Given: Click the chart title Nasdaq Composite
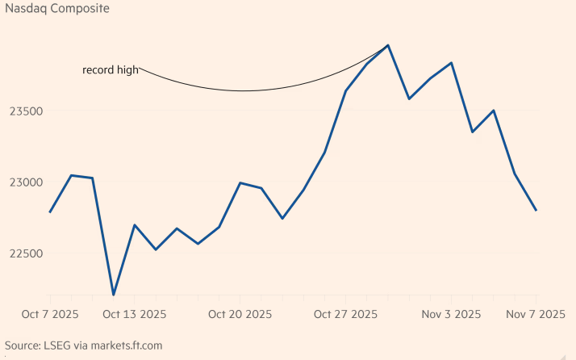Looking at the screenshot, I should pos(57,10).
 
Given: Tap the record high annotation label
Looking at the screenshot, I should pos(110,70).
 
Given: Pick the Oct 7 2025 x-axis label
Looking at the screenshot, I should pos(49,314).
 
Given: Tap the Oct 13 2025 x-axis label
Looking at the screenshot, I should pos(135,314).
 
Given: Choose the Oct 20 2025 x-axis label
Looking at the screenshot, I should pos(240,314).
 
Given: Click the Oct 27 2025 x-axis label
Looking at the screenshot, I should pos(346,314).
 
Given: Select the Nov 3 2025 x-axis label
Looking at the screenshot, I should pos(452,314).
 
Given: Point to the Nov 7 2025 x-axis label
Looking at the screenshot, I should pos(536,314).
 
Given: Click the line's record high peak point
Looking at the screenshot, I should pos(388,45).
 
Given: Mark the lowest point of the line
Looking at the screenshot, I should pos(113,295).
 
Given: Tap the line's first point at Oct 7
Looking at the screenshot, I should pos(50,212).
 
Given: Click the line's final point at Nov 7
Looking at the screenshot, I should pos(536,210).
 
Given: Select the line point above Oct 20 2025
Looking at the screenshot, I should pos(240,182).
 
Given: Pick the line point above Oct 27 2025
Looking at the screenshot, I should pos(346,90).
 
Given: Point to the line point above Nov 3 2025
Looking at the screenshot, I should pos(452,62).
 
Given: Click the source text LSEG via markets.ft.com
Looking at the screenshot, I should pos(83,345).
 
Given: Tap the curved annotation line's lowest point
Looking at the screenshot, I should pos(242,90).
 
